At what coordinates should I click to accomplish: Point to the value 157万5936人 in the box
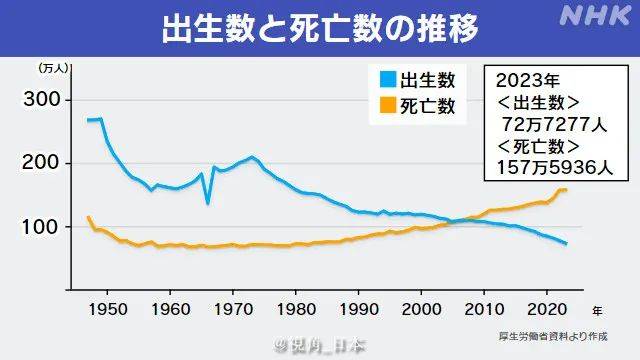tap(545, 170)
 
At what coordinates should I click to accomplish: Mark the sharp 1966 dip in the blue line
tap(207, 203)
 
